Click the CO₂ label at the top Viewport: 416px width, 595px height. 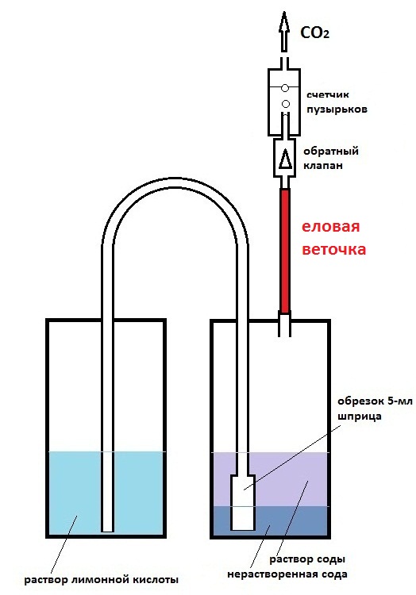tap(314, 33)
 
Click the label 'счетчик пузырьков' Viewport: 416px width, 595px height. tap(337, 102)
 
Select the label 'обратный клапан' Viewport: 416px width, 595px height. tap(330, 158)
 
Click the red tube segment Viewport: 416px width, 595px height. tap(285, 251)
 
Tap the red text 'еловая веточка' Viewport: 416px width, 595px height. tap(333, 238)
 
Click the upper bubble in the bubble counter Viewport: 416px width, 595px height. tap(285, 88)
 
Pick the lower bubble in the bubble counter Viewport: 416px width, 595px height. tap(286, 104)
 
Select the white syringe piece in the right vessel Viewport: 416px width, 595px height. tap(243, 502)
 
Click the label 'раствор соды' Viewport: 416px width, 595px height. tap(307, 559)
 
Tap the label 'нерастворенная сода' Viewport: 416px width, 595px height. tap(287, 574)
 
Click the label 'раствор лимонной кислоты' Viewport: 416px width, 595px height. tap(101, 580)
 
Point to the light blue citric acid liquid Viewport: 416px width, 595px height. tap(76, 493)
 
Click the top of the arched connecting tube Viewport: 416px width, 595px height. tap(175, 182)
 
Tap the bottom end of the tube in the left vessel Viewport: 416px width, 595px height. tap(107, 531)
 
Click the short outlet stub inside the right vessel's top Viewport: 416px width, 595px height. tap(285, 324)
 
